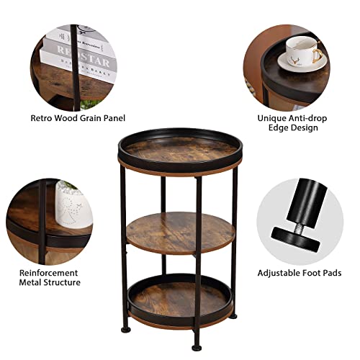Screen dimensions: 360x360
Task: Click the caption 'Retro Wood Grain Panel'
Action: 78,118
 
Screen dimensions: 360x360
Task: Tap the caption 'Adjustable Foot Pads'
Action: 300,273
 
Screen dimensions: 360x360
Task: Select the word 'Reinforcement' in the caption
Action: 48,273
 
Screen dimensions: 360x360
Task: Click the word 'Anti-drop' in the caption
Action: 307,118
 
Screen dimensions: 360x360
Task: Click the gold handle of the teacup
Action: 317,55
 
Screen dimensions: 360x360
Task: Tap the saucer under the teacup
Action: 302,63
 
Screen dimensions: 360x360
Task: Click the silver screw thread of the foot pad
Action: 297,225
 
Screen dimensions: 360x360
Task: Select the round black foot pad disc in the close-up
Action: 296,240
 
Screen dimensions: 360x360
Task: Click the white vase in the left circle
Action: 73,206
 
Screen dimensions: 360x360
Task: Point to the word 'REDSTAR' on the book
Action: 83,57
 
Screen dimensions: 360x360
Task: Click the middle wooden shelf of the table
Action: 181,233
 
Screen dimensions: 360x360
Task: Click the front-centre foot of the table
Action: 197,348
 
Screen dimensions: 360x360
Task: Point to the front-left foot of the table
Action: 126,330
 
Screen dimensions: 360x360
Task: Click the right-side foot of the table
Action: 233,316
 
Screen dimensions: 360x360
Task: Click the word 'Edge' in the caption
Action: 279,127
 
